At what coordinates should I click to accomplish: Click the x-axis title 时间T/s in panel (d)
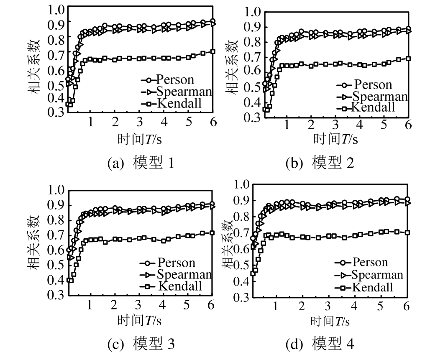[x=330, y=321]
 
